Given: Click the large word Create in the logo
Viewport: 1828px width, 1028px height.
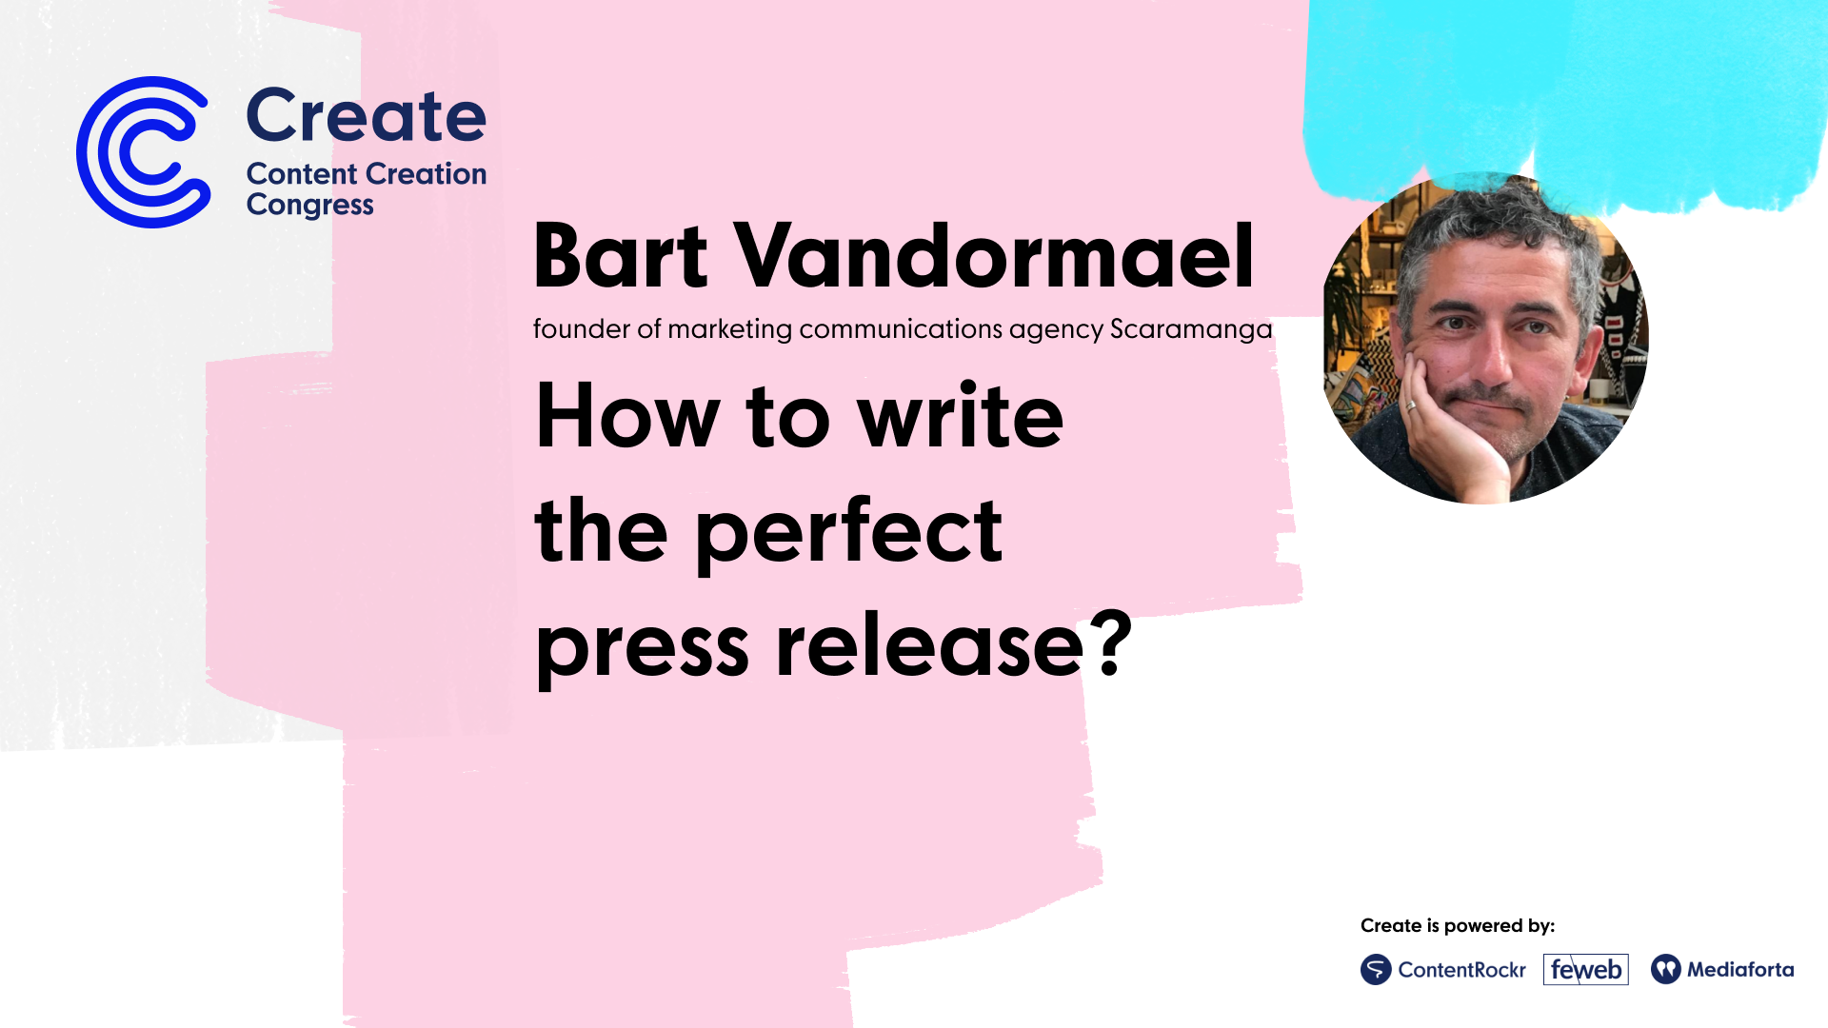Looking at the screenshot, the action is pos(367,116).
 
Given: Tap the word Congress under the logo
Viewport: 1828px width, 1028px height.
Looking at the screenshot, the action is pos(310,206).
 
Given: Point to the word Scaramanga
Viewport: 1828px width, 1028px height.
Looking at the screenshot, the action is pos(1191,329).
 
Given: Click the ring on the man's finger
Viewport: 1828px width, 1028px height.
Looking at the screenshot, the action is pos(1412,405).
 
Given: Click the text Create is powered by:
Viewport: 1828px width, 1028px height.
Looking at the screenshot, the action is pos(1457,926).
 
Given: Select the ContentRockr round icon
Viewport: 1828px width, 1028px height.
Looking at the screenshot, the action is pos(1376,970).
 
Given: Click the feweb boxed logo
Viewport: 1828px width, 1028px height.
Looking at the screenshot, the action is pos(1586,970).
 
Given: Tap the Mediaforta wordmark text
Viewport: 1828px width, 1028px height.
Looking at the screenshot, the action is pos(1740,970).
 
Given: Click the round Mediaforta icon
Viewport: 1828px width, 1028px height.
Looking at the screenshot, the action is pos(1666,970).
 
